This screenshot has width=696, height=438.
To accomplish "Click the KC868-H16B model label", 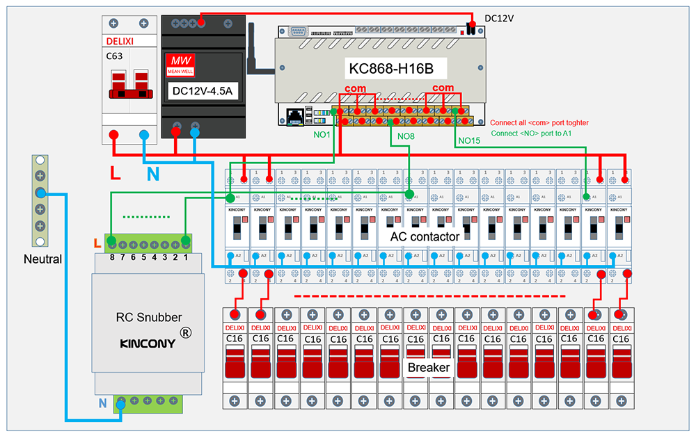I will click(390, 70).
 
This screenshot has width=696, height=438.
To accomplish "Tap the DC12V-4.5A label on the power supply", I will click(203, 90).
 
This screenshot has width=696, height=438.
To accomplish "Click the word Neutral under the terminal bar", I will click(42, 259).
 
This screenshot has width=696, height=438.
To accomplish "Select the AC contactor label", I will click(425, 236).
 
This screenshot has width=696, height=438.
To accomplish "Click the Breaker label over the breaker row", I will click(429, 367).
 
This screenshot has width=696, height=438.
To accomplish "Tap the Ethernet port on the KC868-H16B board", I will click(295, 115).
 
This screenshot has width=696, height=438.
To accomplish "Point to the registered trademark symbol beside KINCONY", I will click(185, 333).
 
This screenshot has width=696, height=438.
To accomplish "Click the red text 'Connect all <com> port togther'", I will click(539, 122).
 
